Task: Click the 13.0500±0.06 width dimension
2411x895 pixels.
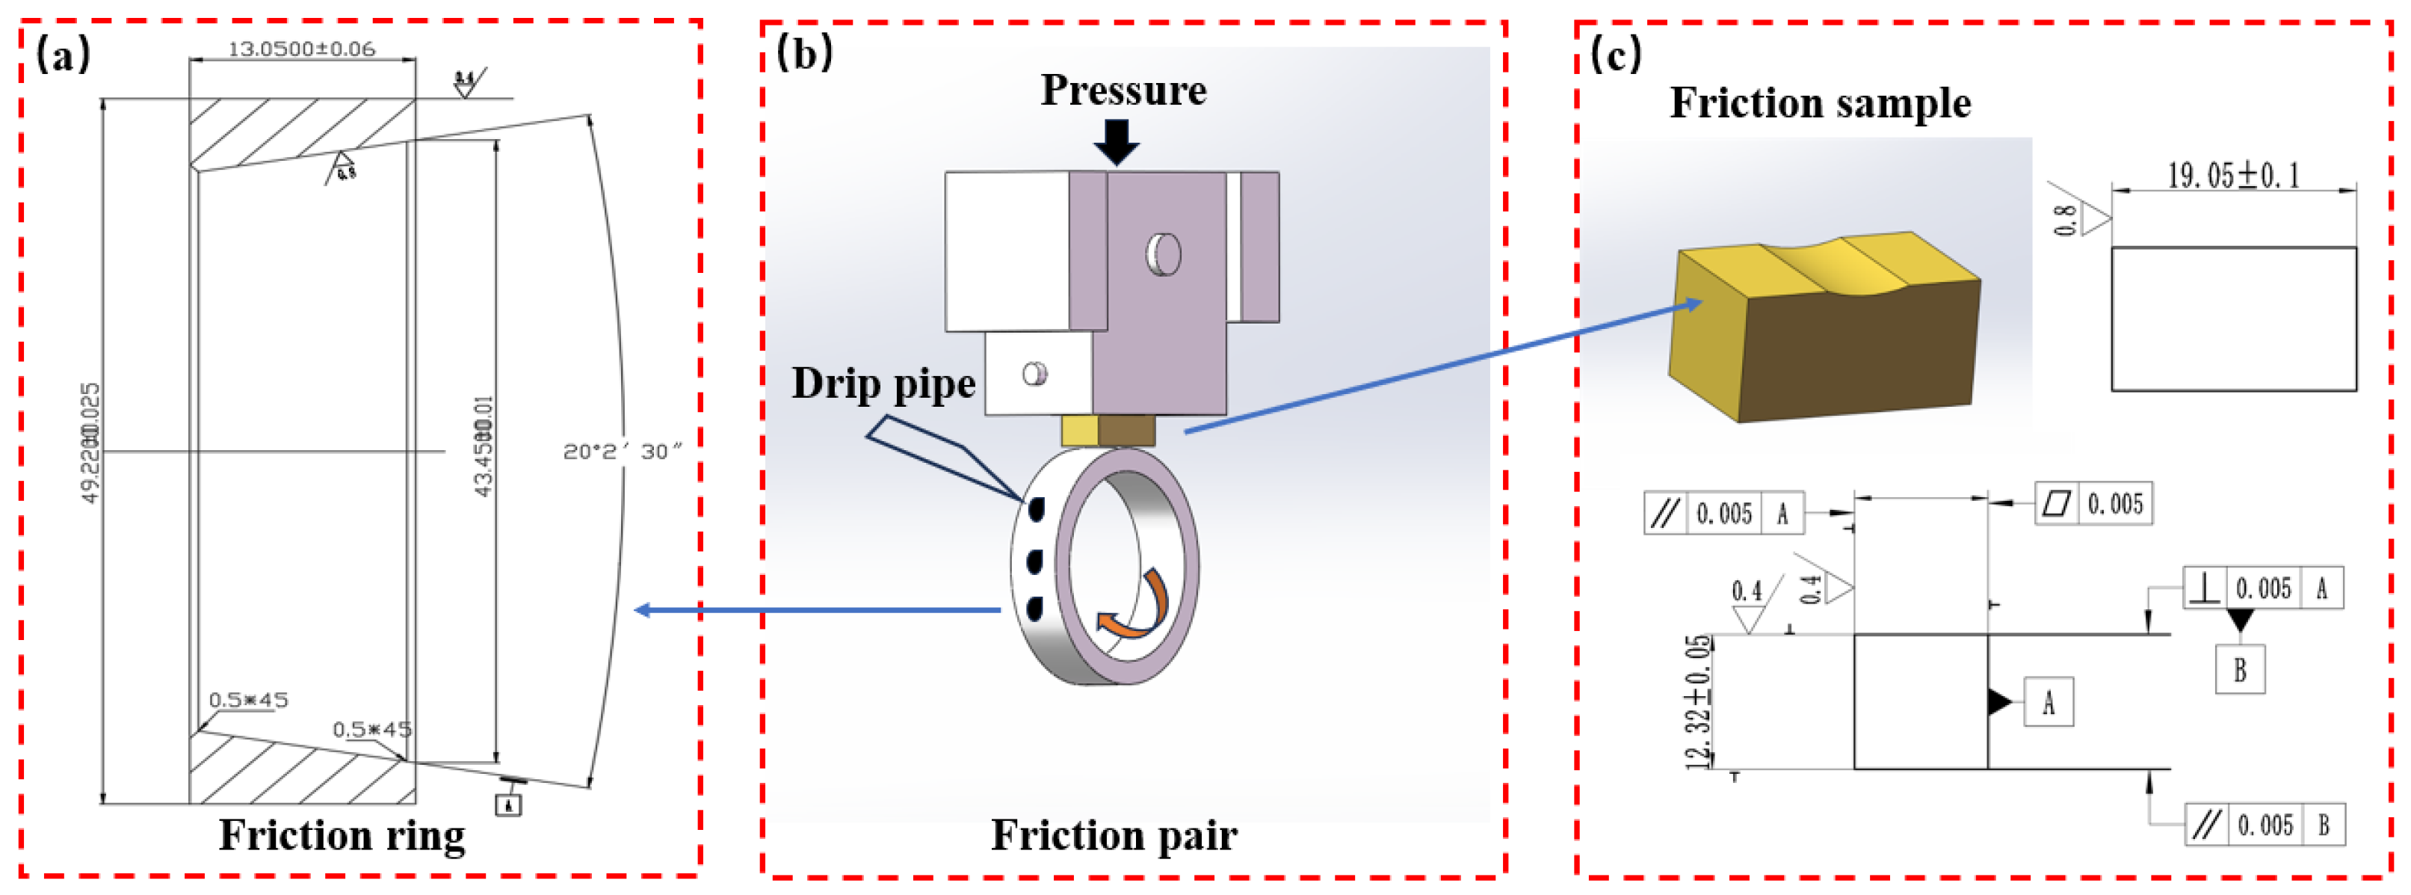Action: point(301,49)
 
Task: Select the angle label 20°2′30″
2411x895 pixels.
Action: point(622,452)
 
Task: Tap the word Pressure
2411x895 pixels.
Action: point(1123,90)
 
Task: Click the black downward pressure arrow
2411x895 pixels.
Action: point(1117,141)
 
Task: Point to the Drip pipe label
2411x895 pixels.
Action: point(883,384)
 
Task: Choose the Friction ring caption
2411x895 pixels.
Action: point(342,835)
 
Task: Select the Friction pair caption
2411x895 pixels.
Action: point(1114,835)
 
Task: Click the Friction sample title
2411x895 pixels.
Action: point(1821,103)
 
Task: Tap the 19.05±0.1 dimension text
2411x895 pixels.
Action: point(2233,175)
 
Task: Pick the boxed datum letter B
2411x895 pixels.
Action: point(2240,669)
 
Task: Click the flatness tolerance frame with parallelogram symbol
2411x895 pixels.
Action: point(2093,504)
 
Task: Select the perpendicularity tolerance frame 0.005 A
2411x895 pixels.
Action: point(2263,588)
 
